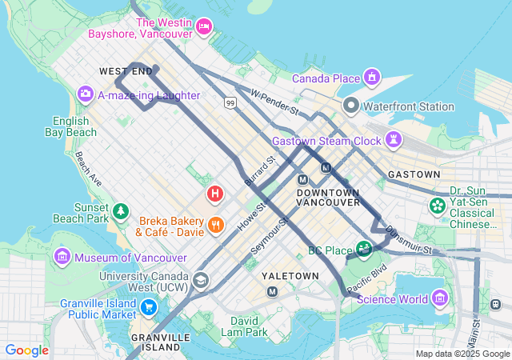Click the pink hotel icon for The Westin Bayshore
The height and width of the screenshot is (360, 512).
click(204, 28)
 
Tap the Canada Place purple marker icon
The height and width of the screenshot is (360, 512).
click(371, 78)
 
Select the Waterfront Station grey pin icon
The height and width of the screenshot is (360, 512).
click(350, 106)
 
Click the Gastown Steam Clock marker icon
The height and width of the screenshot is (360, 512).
click(394, 141)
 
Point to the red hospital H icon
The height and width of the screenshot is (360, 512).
click(214, 194)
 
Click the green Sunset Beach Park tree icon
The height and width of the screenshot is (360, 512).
click(121, 211)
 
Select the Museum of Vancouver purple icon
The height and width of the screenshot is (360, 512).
click(62, 258)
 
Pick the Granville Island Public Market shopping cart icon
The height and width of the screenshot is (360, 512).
click(148, 307)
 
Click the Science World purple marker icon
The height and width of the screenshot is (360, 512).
click(439, 299)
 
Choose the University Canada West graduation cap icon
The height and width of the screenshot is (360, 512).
click(200, 280)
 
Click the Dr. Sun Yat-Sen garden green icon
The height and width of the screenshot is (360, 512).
click(438, 206)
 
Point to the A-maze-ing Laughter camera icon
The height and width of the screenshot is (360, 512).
click(85, 95)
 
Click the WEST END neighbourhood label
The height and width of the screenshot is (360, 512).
click(126, 72)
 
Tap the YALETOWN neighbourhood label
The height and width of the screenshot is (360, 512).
click(290, 275)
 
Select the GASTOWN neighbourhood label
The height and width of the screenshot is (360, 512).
click(414, 174)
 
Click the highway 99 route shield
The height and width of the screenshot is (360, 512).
click(230, 103)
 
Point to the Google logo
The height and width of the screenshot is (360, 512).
click(26, 350)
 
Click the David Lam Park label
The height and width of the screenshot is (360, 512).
click(244, 326)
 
